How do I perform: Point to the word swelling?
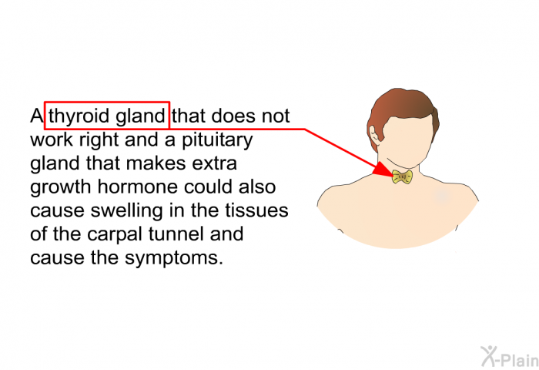click(x=126, y=211)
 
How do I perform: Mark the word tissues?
click(x=256, y=210)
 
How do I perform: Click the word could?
click(x=209, y=187)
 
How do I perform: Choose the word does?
click(x=233, y=116)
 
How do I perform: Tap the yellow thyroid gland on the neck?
click(x=402, y=177)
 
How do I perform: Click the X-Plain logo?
click(x=510, y=356)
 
